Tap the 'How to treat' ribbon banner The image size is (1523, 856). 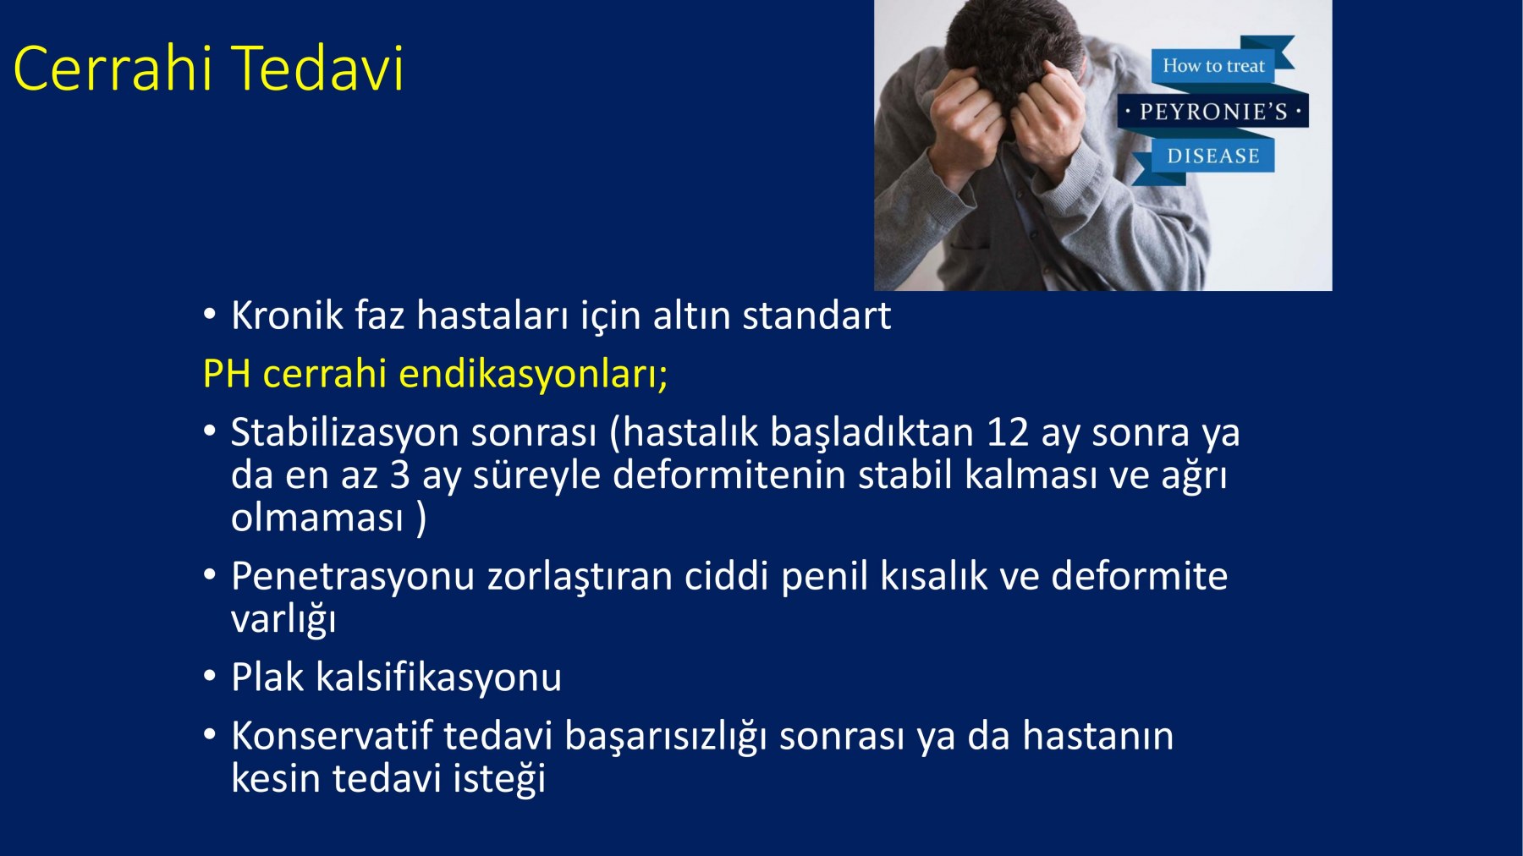pyautogui.click(x=1213, y=65)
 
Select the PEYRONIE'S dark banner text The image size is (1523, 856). pyautogui.click(x=1213, y=111)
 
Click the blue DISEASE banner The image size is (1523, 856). pyautogui.click(x=1213, y=156)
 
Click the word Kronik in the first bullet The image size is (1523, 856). pyautogui.click(x=287, y=316)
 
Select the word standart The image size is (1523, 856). pyautogui.click(x=816, y=316)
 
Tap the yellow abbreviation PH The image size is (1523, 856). pyautogui.click(x=227, y=374)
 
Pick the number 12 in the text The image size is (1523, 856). pyautogui.click(x=1008, y=432)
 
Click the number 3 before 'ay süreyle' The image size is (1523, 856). pyautogui.click(x=400, y=475)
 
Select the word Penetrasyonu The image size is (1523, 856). pyautogui.click(x=353, y=577)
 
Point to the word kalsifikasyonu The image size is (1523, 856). pyautogui.click(x=438, y=678)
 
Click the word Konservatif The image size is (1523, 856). pyautogui.click(x=332, y=736)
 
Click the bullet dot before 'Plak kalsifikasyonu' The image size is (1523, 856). pyautogui.click(x=210, y=678)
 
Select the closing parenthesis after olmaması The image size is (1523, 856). pyautogui.click(x=421, y=518)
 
